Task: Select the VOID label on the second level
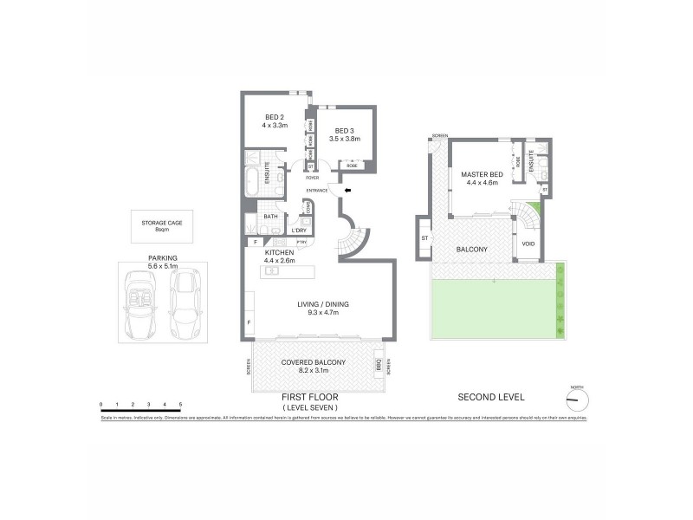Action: pos(528,244)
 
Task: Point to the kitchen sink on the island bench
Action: pos(272,271)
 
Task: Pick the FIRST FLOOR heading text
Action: pos(309,398)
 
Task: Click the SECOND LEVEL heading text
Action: pos(490,398)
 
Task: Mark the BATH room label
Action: pos(271,217)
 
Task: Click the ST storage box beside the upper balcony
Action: pos(425,237)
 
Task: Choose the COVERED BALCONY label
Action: pos(313,361)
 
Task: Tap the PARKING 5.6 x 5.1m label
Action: pos(162,263)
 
